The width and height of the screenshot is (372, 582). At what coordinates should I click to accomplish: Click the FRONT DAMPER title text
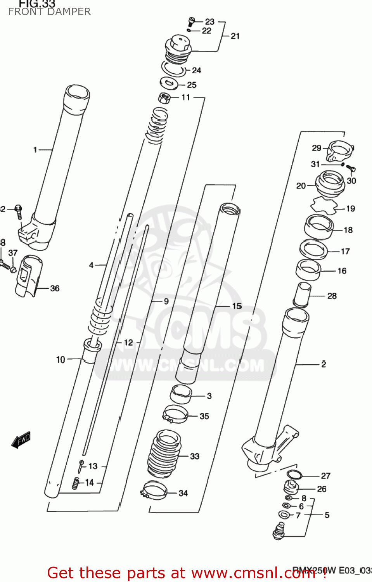pyautogui.click(x=49, y=12)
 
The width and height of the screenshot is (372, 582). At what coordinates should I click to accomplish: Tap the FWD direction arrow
pyautogui.click(x=21, y=440)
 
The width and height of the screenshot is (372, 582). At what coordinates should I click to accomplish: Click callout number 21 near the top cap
pyautogui.click(x=235, y=36)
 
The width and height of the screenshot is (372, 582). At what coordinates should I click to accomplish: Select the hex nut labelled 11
pyautogui.click(x=164, y=98)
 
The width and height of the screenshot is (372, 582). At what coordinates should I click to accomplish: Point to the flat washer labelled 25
pyautogui.click(x=169, y=83)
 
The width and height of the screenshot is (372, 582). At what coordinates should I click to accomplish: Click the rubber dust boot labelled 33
pyautogui.click(x=164, y=454)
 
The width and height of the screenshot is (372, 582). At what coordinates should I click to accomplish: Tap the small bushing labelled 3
pyautogui.click(x=181, y=394)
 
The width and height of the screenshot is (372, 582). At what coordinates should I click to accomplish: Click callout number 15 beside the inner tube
pyautogui.click(x=237, y=306)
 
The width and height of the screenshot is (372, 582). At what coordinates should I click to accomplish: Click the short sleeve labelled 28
pyautogui.click(x=303, y=295)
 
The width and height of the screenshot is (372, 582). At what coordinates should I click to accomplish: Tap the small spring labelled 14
pyautogui.click(x=76, y=483)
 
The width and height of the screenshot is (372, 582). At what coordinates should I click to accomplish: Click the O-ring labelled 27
pyautogui.click(x=294, y=475)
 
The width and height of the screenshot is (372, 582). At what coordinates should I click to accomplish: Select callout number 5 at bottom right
pyautogui.click(x=327, y=515)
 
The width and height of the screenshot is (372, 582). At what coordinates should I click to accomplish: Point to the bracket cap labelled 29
pyautogui.click(x=340, y=151)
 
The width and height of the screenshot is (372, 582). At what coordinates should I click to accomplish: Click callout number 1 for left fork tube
pyautogui.click(x=35, y=149)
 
